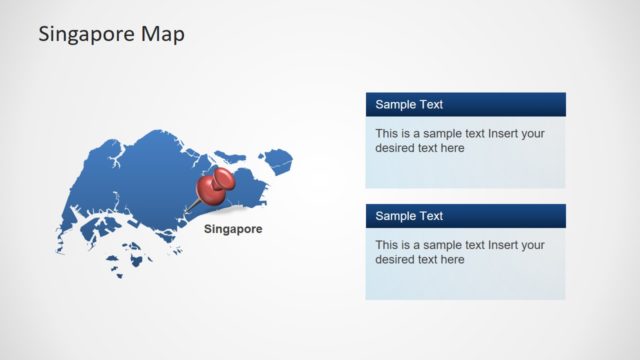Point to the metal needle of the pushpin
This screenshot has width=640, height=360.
(x=191, y=207)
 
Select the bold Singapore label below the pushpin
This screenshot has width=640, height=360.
(x=233, y=229)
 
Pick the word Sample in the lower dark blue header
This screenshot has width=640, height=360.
(x=394, y=216)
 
